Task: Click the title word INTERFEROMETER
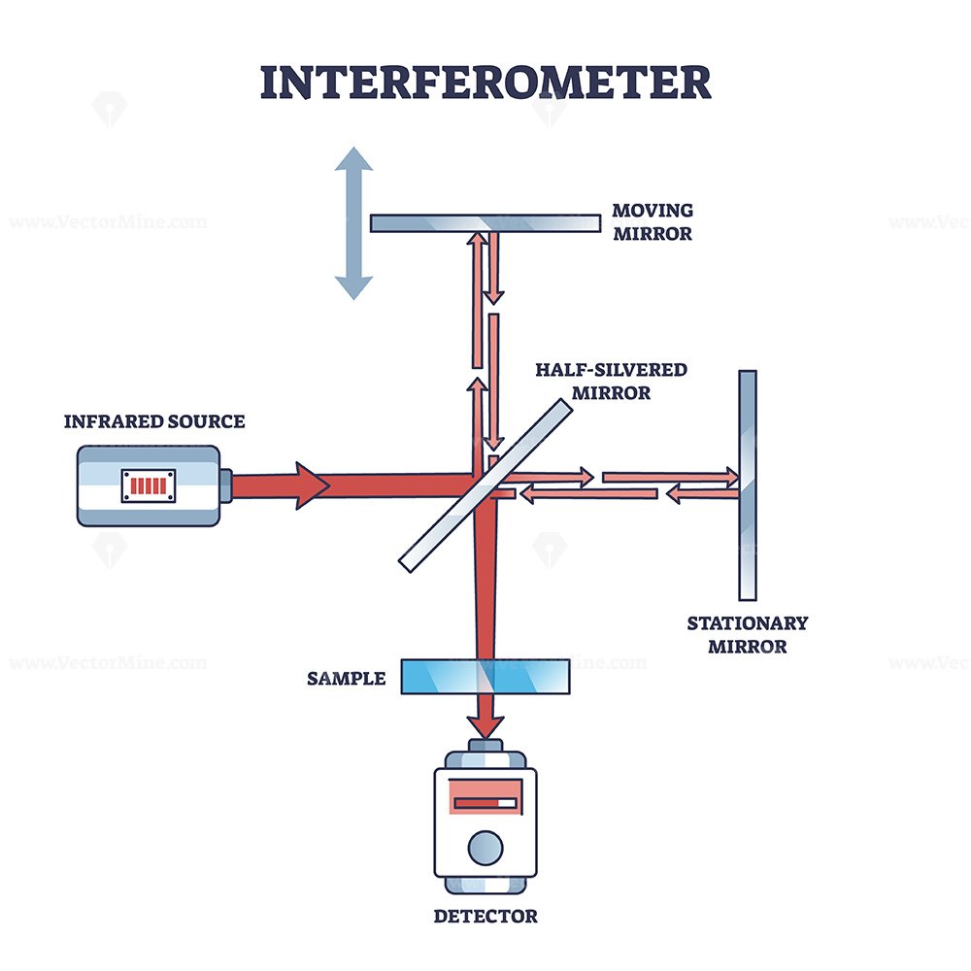[x=485, y=83]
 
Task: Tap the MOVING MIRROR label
[x=653, y=221]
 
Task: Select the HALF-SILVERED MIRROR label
[x=611, y=381]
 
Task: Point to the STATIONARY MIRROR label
[x=748, y=635]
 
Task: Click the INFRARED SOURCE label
[x=154, y=421]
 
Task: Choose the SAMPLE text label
[x=347, y=679]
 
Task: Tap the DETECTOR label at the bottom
[x=485, y=916]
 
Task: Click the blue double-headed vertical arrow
[x=353, y=223]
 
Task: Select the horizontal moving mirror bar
[x=485, y=223]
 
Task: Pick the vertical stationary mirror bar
[x=748, y=485]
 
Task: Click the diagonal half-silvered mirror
[x=485, y=485]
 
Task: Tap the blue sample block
[x=485, y=676]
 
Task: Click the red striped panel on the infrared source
[x=148, y=485]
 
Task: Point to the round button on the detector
[x=485, y=848]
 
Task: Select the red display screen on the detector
[x=485, y=796]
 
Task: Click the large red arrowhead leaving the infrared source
[x=312, y=485]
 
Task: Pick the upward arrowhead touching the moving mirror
[x=477, y=239]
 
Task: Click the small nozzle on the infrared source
[x=226, y=485]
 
